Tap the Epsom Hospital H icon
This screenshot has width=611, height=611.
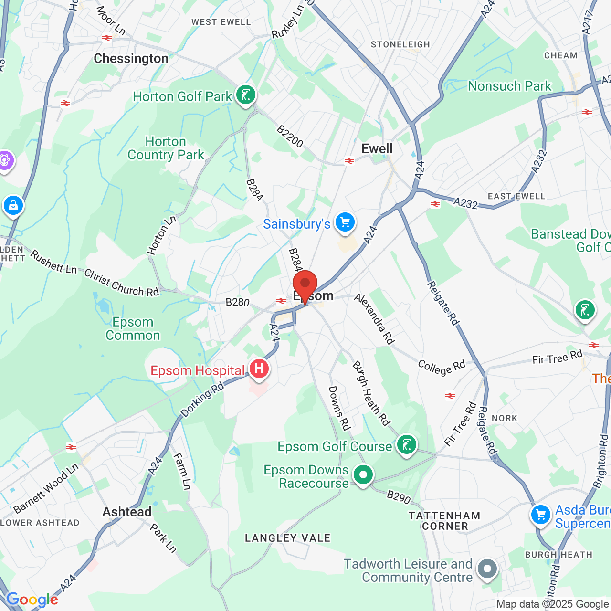click(x=259, y=369)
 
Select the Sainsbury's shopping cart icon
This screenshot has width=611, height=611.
click(x=345, y=222)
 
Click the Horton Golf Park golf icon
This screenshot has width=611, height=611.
click(x=246, y=95)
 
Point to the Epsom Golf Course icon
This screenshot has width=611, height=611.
click(x=406, y=445)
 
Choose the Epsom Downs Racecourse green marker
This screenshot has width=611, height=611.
click(x=363, y=475)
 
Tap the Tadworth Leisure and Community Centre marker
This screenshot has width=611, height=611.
click(x=487, y=569)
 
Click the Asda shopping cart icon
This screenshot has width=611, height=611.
click(x=541, y=515)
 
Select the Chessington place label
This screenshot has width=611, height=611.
click(x=131, y=59)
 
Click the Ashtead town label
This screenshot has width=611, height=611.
click(x=127, y=512)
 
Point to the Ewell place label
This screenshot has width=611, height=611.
click(x=377, y=148)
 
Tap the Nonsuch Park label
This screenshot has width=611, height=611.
click(x=509, y=86)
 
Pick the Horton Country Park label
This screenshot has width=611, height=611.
click(x=166, y=148)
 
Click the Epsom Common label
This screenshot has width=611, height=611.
click(x=133, y=329)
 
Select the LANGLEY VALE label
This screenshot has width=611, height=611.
click(x=287, y=538)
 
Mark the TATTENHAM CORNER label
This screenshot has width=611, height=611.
click(x=444, y=521)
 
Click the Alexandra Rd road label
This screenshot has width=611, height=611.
click(x=375, y=319)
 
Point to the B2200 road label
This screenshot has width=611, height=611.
click(x=290, y=137)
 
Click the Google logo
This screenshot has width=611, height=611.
click(x=32, y=600)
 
